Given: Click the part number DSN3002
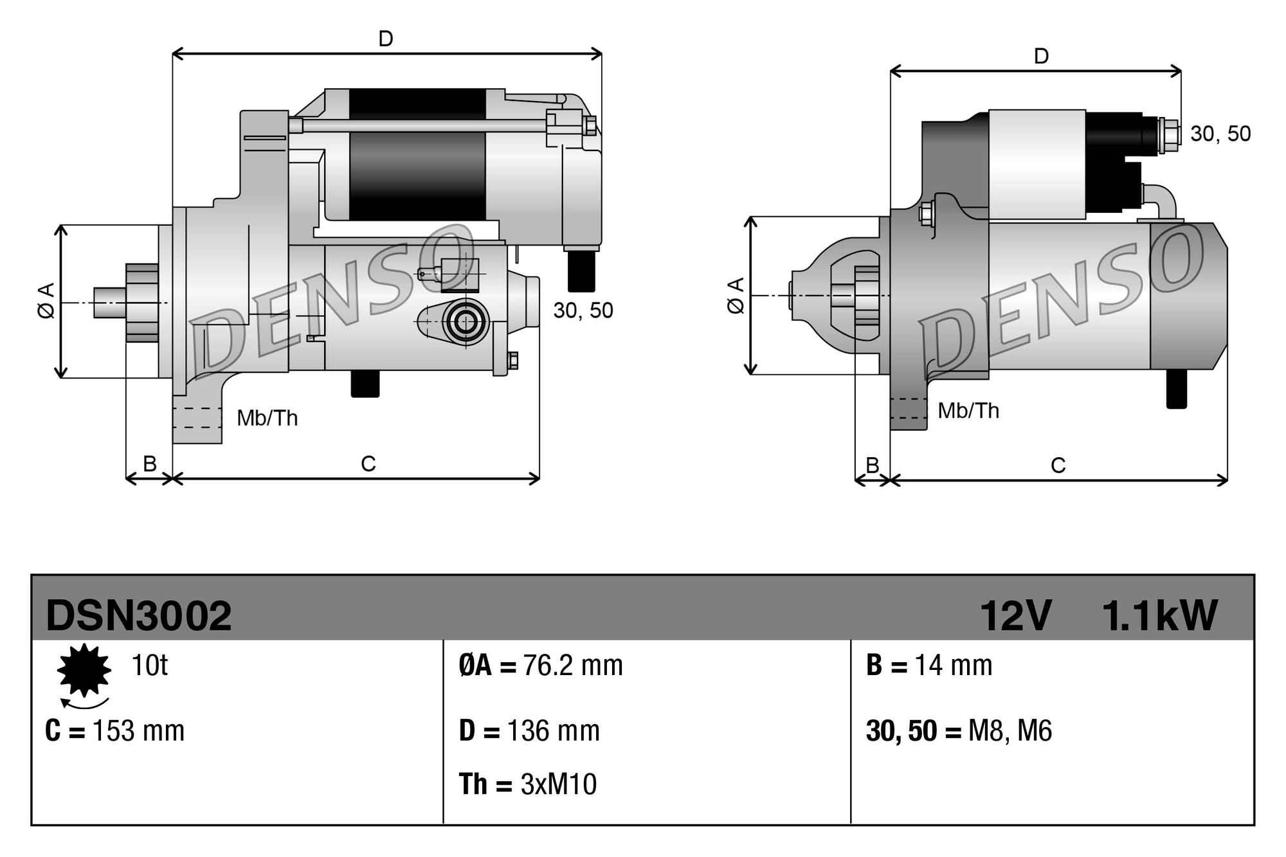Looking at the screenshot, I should coord(138,616).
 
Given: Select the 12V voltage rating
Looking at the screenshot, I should coord(1015,616).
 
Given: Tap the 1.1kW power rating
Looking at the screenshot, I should coord(1159,616).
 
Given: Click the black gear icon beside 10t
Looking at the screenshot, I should coord(84,671).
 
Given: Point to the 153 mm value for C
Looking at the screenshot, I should coord(138,731).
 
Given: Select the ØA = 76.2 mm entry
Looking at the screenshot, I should coord(541,665).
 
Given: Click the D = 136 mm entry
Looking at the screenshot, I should coord(529,731).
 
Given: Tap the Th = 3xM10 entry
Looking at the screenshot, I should coord(528,784).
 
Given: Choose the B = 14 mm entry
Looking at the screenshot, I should coord(929,665).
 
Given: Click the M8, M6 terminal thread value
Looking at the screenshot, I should coord(1010,731).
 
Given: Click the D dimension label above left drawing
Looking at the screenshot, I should coord(386,39).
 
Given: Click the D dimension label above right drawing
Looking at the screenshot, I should coord(1041,57).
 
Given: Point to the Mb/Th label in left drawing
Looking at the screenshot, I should coord(267,419).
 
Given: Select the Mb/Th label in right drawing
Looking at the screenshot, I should coord(968,411).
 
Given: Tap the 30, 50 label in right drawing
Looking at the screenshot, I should coord(1220,134).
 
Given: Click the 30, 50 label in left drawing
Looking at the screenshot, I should coord(583,311).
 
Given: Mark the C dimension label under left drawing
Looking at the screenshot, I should coord(368,464).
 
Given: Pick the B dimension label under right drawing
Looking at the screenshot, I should coord(873,465).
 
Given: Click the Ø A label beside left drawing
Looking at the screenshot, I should coord(46,300).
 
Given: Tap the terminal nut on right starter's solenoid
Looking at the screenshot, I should coord(1170,136).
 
